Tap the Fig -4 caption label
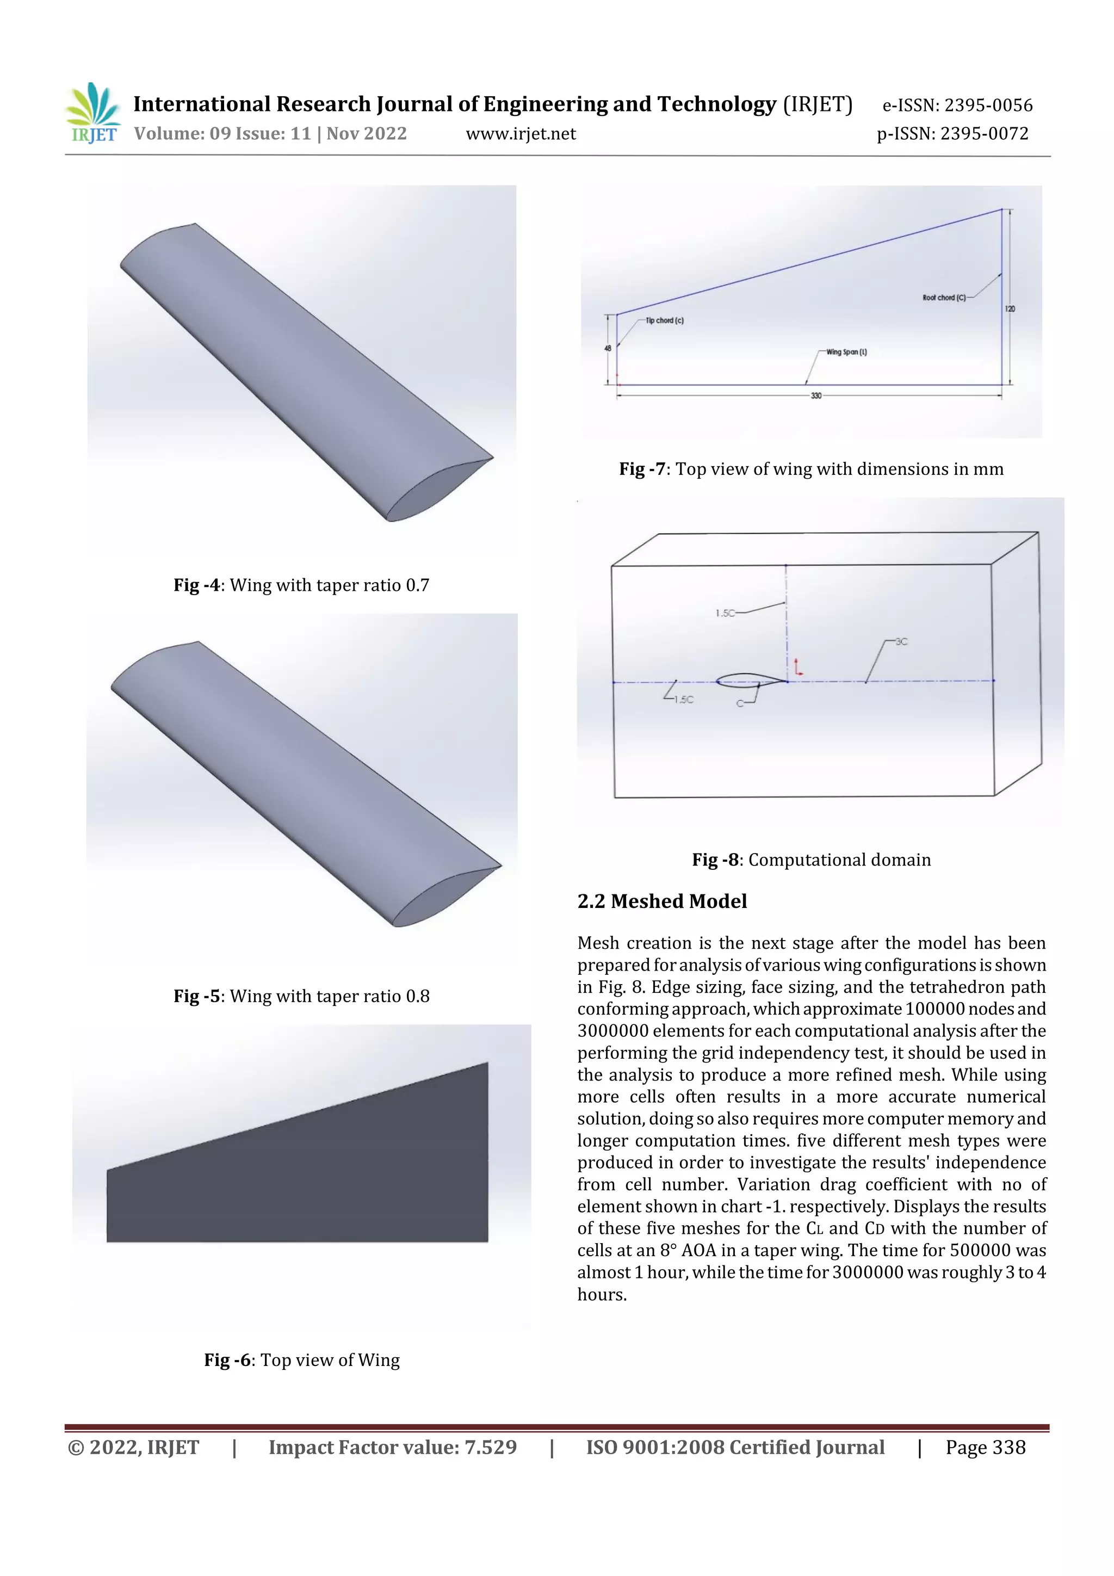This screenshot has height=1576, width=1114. tap(301, 585)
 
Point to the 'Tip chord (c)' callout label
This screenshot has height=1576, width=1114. tap(664, 320)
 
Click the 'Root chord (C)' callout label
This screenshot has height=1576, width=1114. tap(944, 298)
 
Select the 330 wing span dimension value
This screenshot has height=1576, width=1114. tap(815, 396)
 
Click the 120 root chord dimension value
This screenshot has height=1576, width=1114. tap(1010, 309)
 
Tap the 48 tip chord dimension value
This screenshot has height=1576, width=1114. tap(608, 349)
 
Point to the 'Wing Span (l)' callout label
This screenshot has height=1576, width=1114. tap(846, 352)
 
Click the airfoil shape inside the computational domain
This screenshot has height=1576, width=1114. tap(750, 680)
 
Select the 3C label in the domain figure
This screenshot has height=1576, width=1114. tap(901, 642)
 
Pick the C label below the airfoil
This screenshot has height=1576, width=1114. tap(740, 703)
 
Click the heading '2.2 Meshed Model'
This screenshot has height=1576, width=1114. tap(661, 901)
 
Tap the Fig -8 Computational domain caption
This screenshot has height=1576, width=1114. tap(810, 860)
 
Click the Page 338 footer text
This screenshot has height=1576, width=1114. tap(985, 1448)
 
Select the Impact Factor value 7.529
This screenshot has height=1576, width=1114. tap(392, 1448)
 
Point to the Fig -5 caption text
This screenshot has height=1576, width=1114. tap(301, 996)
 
